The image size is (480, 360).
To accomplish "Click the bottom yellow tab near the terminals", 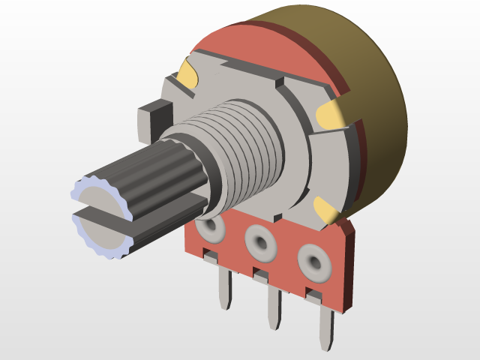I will [324, 210].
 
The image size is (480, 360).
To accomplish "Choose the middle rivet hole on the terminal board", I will [260, 242].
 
